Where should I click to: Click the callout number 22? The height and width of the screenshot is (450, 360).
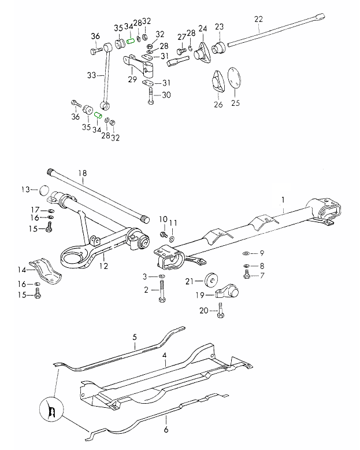pos(258,19)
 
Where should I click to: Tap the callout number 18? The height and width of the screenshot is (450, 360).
pos(82,172)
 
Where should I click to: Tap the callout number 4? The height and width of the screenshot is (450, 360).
pos(165,355)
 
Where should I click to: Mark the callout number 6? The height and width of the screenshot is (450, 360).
pos(166,430)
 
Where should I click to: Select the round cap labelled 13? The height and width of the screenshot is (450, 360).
pos(43,189)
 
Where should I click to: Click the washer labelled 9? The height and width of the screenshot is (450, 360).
pos(247,253)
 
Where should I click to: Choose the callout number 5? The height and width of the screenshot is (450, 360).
pos(134,337)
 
